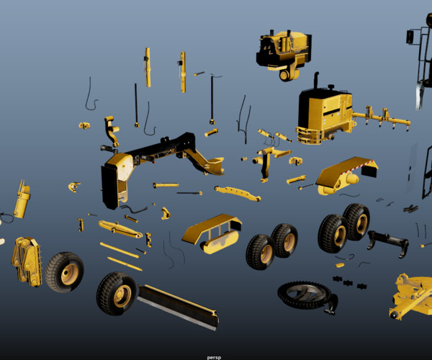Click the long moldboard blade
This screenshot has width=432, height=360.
click(177, 307)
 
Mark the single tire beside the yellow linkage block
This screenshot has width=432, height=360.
click(65, 271)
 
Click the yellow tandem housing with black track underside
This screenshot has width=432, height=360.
click(211, 233)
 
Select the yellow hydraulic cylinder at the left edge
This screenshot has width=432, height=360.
click(22, 201)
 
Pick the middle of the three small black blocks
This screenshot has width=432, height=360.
click(347, 282)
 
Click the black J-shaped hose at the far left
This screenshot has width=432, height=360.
click(89, 96)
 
